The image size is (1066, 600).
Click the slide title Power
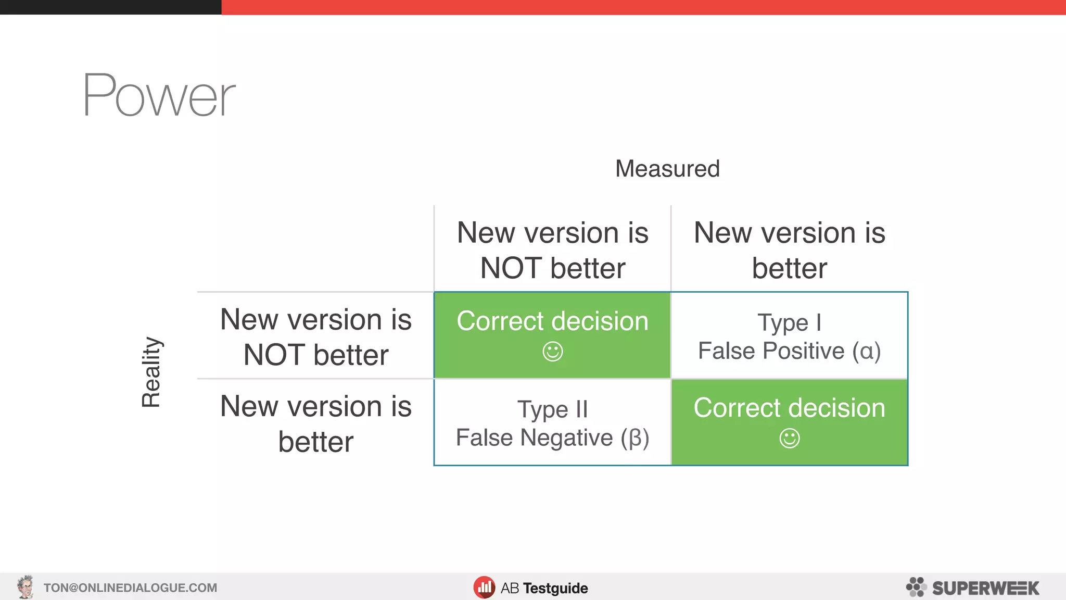pos(159,96)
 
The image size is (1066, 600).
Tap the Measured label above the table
pos(667,169)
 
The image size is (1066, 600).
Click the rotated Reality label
pos(151,371)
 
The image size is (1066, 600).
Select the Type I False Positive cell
pos(789,336)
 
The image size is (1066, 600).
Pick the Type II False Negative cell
pos(552,423)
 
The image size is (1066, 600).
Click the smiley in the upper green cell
pos(552,352)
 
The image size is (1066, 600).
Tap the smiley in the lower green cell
pos(789,438)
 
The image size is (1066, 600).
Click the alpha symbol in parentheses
pos(867,351)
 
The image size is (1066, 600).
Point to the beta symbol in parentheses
pos(635,438)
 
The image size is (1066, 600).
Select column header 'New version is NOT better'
pos(552,250)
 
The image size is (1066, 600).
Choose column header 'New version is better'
pos(789,250)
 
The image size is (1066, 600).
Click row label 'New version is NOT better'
pos(315,336)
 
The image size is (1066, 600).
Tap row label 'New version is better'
pos(315,423)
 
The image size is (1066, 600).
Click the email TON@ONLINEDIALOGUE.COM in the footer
pos(130,588)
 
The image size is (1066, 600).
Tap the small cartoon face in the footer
pos(25,587)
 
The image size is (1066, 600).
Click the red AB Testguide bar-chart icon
pos(484,587)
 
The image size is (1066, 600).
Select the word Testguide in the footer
pos(555,588)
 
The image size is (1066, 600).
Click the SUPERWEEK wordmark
pos(985,588)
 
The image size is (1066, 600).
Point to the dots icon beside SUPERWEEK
pos(916,587)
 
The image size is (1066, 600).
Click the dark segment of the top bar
pos(110,7)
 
